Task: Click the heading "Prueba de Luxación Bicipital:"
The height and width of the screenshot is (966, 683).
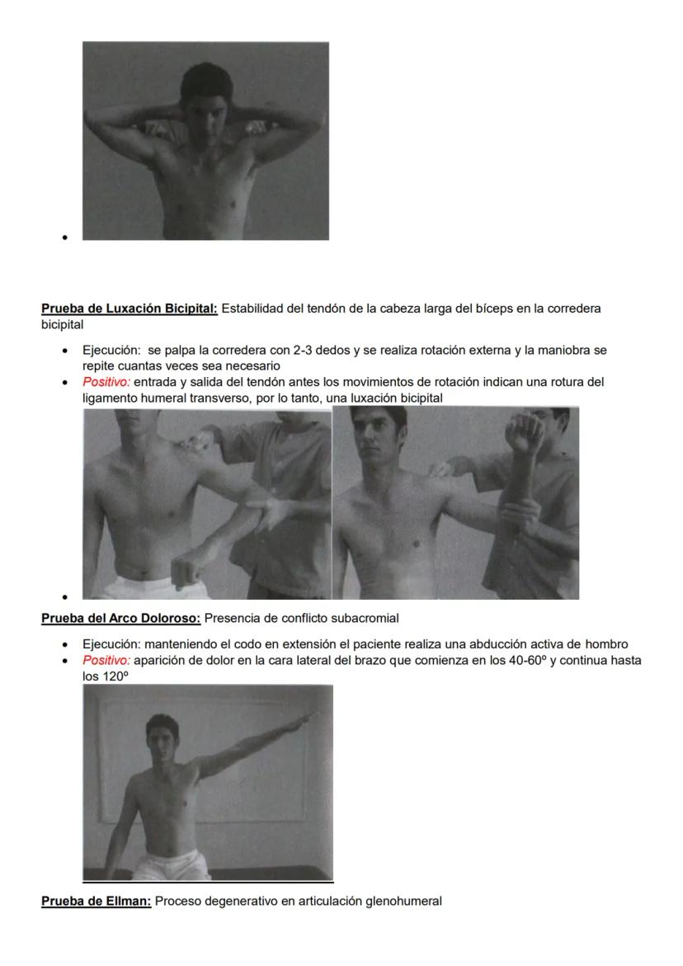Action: click(130, 309)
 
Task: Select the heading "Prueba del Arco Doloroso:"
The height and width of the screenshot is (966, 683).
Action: click(121, 619)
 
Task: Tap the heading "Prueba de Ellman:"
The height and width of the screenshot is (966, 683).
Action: click(97, 902)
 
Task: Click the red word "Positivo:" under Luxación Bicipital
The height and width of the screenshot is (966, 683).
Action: click(106, 382)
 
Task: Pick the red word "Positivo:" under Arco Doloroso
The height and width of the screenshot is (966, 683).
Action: click(106, 661)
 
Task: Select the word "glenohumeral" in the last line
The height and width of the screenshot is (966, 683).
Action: click(404, 902)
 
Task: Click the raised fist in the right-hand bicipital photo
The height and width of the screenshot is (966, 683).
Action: click(525, 430)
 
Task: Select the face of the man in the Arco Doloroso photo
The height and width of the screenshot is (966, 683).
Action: click(163, 739)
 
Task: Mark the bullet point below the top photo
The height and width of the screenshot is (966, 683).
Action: click(64, 238)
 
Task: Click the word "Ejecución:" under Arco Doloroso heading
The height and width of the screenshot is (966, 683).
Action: click(109, 644)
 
